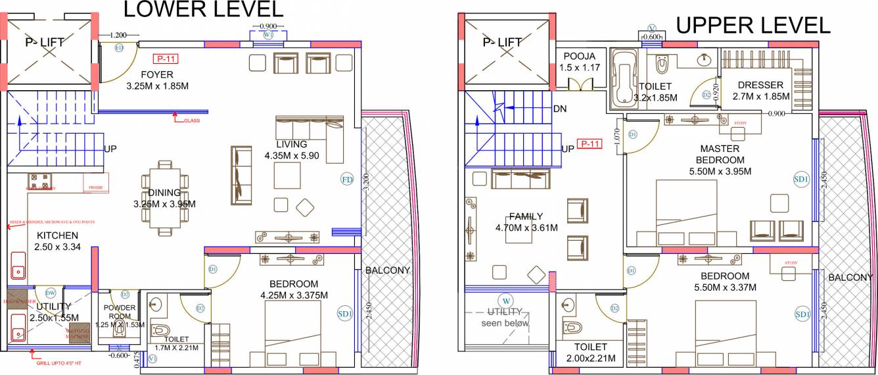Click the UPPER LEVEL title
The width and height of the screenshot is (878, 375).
pyautogui.click(x=753, y=25)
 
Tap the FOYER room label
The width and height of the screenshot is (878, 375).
pyautogui.click(x=158, y=75)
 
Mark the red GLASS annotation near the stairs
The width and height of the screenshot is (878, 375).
pyautogui.click(x=191, y=121)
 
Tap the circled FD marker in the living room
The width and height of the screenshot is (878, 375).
pyautogui.click(x=347, y=179)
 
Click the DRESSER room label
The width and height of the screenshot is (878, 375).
pyautogui.click(x=760, y=85)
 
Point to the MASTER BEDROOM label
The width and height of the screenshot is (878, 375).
pyautogui.click(x=722, y=155)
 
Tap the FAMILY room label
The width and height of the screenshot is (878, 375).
pyautogui.click(x=526, y=216)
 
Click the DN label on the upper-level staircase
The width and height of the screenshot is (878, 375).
pyautogui.click(x=561, y=109)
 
